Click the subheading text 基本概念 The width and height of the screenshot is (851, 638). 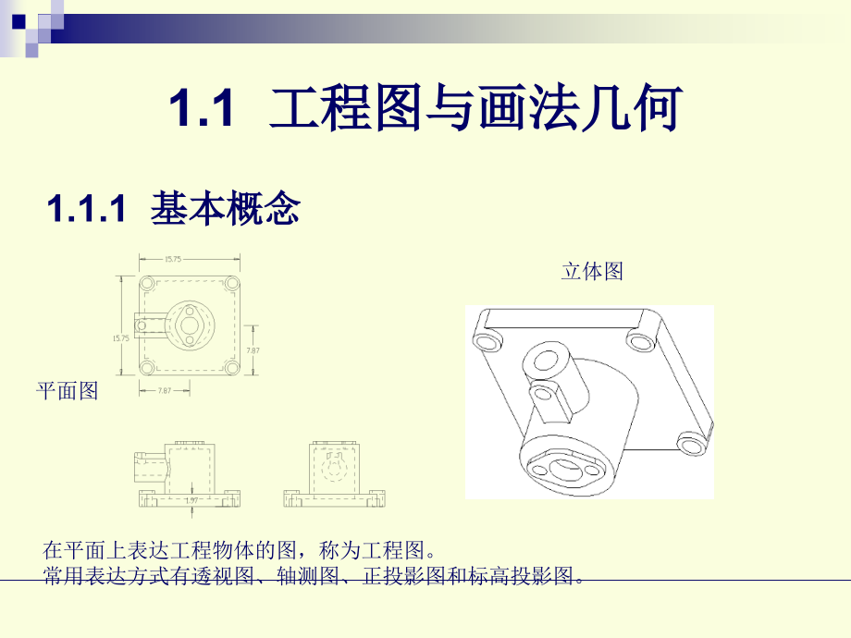[x=225, y=209]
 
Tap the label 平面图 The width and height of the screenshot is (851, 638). [x=67, y=391]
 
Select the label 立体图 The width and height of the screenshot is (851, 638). [x=592, y=272]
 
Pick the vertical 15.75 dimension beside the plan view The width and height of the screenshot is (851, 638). [x=120, y=339]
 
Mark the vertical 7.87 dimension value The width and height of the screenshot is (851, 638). [x=253, y=350]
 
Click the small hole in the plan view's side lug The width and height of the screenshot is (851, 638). [x=144, y=325]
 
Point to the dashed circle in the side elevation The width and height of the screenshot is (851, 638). [x=334, y=467]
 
